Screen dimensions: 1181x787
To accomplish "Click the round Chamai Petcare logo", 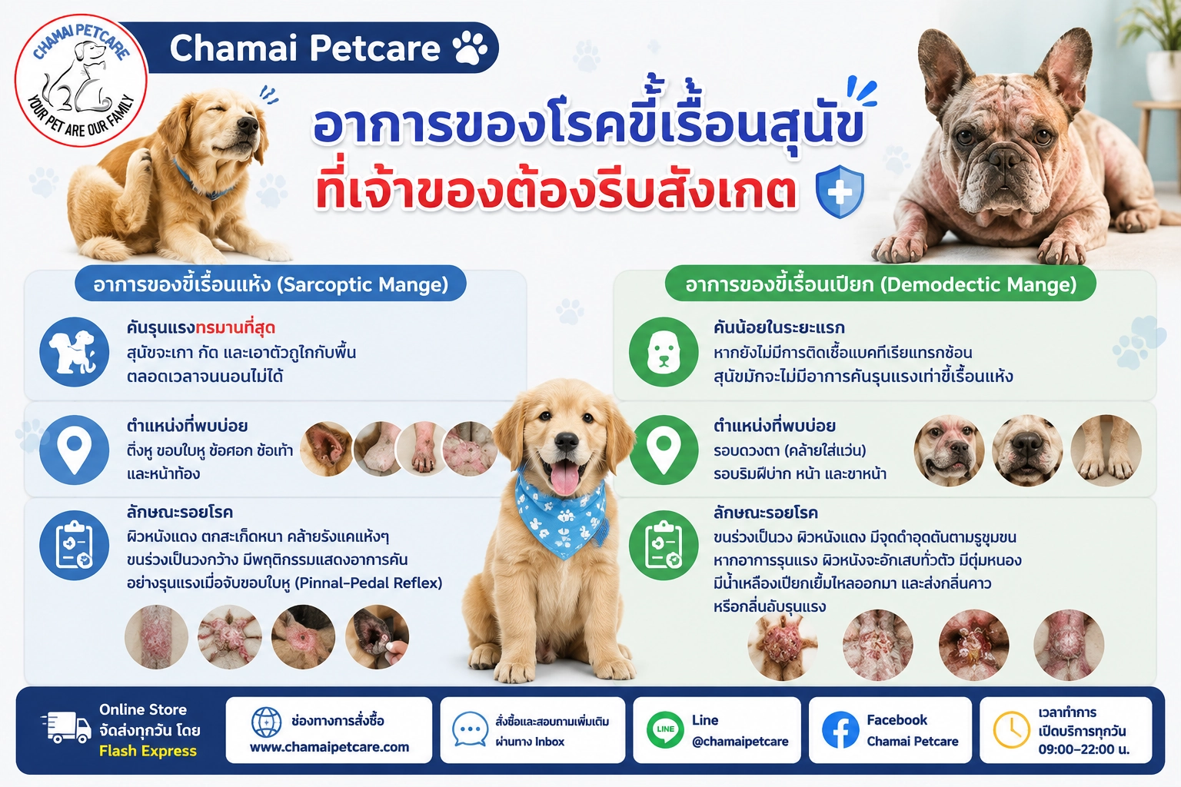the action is click(x=81, y=80).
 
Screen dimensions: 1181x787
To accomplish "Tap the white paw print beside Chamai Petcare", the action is click(x=470, y=48).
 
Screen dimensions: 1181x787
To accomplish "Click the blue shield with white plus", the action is click(x=840, y=191).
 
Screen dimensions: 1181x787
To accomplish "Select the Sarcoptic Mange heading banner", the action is click(x=271, y=284).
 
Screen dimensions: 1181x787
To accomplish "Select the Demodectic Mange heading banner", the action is click(x=880, y=284).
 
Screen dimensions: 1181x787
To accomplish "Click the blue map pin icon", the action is click(x=75, y=450).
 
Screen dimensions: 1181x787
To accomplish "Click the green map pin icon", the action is click(x=664, y=450).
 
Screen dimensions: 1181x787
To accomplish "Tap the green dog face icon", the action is click(x=664, y=351).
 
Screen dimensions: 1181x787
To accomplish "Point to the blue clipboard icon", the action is click(x=75, y=545).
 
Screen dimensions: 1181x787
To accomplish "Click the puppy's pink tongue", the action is click(x=565, y=476).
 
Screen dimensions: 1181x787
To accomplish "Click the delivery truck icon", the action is click(x=66, y=727).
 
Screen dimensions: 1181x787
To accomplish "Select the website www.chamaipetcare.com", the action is click(x=330, y=747).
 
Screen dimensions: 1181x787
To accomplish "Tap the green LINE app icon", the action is click(x=665, y=730).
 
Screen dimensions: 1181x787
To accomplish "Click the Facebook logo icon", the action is click(x=840, y=730).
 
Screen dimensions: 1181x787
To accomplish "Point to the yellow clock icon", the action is click(x=1011, y=730).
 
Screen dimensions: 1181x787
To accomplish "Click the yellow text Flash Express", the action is click(x=148, y=751).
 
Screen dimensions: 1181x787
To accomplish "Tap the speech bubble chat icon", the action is click(x=470, y=729).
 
